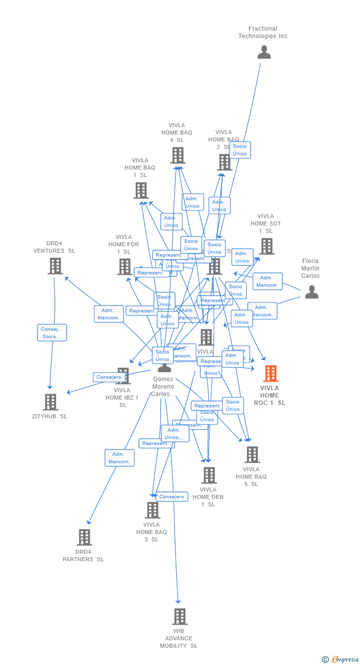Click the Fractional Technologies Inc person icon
264,52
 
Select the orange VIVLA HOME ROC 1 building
270,374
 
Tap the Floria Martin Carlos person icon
312,292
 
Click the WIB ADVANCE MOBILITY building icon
180,617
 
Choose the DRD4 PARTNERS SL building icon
84,537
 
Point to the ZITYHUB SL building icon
50,402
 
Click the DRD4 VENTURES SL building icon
55,266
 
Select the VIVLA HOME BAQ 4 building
178,155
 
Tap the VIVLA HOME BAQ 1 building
141,190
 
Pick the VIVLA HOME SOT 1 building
267,246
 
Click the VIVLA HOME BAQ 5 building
252,454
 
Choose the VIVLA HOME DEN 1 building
209,475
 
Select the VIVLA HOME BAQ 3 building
152,510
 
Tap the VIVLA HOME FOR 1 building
125,267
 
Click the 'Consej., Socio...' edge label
52,333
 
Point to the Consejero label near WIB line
172,496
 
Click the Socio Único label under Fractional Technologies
240,150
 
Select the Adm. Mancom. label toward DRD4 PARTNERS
119,458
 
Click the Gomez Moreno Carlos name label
163,387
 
